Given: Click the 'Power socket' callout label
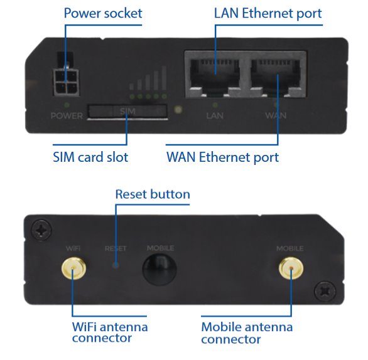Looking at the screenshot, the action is click(103, 13).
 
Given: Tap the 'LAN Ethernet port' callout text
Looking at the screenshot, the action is click(268, 13).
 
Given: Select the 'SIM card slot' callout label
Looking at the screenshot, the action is click(90, 157).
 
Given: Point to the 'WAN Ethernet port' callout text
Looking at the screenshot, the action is click(222, 157).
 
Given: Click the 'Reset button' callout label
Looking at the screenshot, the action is click(153, 194).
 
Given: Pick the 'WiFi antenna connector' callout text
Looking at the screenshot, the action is click(110, 332).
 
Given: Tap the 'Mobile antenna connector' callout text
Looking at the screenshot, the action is click(247, 333).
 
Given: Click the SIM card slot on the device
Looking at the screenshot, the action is click(127, 111).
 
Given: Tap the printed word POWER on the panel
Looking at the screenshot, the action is click(67, 115).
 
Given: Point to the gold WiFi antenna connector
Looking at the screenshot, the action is click(73, 268).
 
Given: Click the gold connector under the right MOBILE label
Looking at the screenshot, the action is click(291, 268).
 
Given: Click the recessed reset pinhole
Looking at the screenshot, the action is click(116, 265).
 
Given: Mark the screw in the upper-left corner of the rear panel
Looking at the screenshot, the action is click(42, 230).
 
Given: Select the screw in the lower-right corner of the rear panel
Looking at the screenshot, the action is click(325, 292).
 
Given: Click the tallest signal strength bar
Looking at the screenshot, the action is click(164, 78).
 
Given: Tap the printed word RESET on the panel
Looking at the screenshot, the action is click(116, 248).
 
